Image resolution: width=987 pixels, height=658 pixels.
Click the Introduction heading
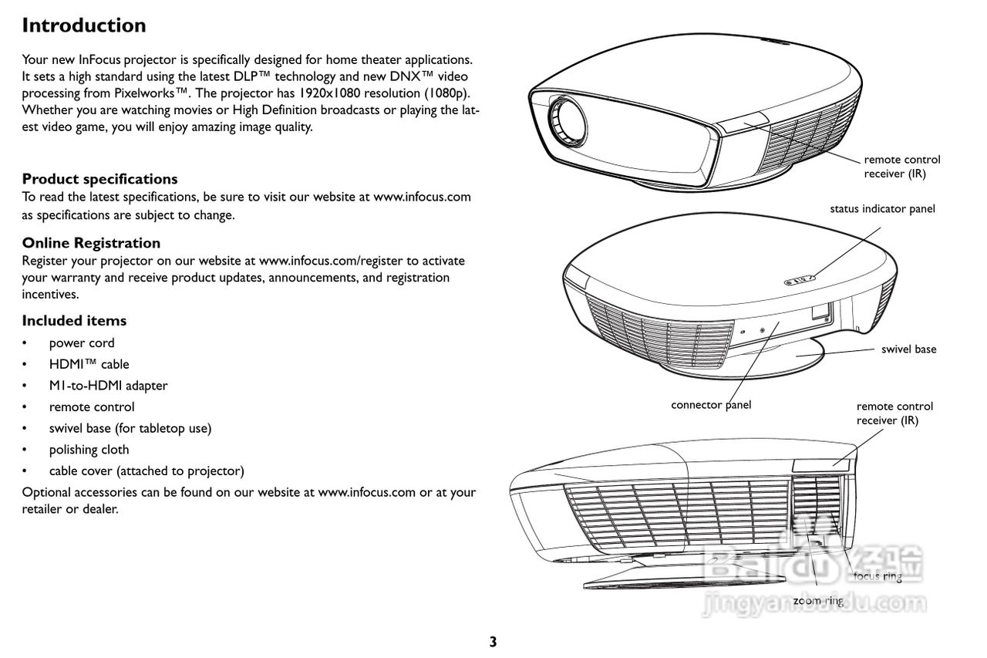coord(84,25)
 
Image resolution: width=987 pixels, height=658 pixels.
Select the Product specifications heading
coord(99,179)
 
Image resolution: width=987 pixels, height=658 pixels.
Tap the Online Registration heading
coord(91,243)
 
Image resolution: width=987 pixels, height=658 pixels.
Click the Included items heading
coord(74,321)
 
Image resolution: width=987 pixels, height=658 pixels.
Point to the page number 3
coord(493,642)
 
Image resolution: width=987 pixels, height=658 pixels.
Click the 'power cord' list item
coord(82,343)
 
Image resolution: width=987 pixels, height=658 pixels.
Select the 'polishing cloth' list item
coord(89,450)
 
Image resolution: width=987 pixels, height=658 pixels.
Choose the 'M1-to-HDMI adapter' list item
coord(108,386)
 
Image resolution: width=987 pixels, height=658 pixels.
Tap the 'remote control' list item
coord(92,407)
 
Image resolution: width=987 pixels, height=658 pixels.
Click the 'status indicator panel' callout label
coord(882,209)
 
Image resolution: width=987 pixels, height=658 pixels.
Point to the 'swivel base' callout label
coord(908,349)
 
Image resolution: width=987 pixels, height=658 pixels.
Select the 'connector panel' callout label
coord(711,405)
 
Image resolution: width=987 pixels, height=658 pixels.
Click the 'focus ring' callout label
coord(878,576)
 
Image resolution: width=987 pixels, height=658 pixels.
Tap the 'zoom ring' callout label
coord(818,601)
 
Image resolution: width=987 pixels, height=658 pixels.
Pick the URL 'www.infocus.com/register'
coord(331,261)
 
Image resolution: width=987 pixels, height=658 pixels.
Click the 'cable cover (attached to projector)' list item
coord(147,471)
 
